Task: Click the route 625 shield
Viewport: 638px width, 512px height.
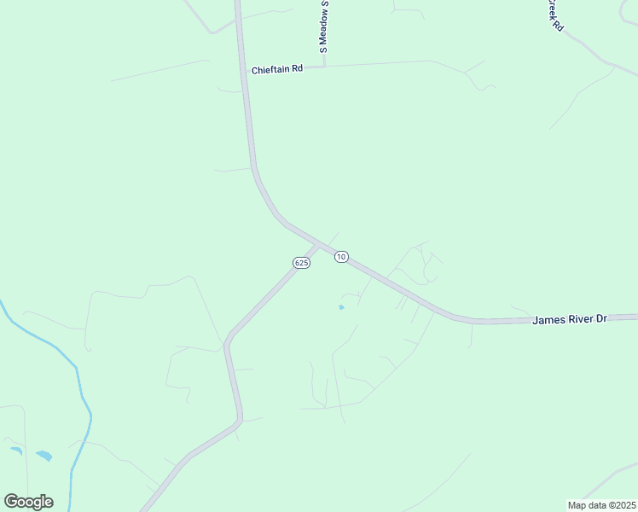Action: point(301,263)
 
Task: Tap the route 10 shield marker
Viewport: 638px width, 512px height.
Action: point(341,257)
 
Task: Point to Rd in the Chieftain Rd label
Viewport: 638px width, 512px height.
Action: point(298,69)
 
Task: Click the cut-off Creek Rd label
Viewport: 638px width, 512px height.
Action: point(556,15)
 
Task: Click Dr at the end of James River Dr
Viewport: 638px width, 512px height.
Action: point(601,318)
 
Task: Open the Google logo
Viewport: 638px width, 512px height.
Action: point(28,502)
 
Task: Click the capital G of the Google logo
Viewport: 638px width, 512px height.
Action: point(11,502)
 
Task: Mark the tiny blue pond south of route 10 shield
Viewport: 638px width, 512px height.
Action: point(341,307)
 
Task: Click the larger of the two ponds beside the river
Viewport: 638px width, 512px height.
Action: point(43,456)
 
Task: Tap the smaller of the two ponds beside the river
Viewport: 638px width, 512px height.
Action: point(15,450)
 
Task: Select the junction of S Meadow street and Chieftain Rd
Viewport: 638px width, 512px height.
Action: point(324,66)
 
